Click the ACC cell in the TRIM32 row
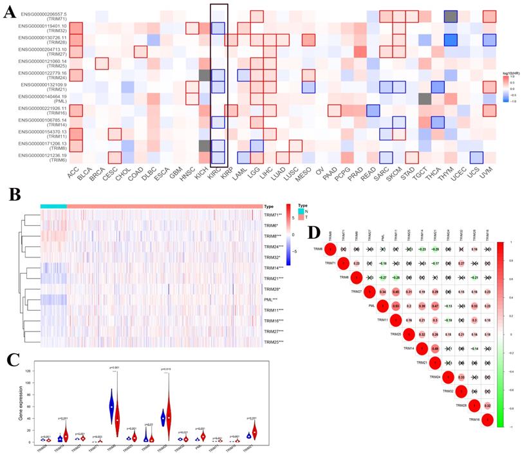pos(76,28)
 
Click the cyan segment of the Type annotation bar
pos(53,206)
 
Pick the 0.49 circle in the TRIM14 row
pos(436,348)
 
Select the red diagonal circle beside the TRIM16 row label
pos(487,420)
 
